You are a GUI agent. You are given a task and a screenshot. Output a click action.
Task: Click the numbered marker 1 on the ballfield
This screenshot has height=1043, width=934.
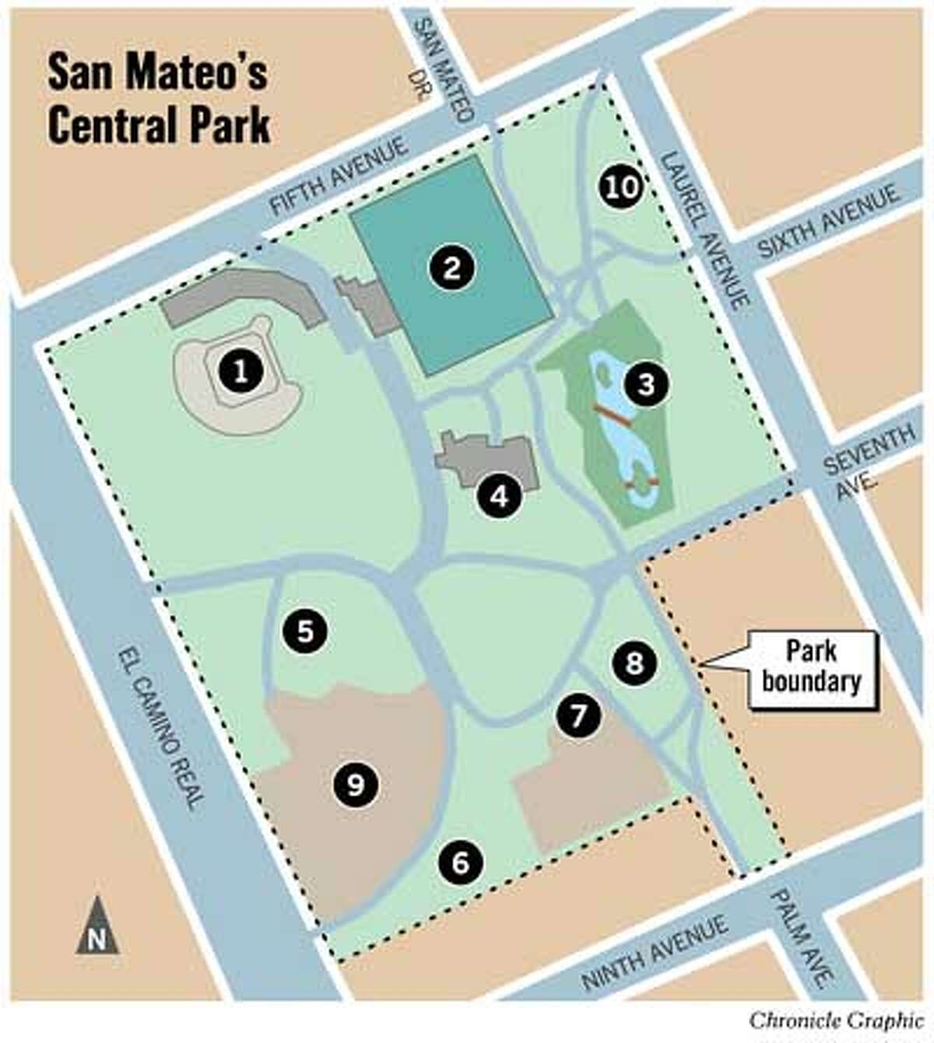pyautogui.click(x=241, y=371)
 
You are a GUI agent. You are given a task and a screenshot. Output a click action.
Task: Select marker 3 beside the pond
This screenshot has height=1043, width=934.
pyautogui.click(x=645, y=384)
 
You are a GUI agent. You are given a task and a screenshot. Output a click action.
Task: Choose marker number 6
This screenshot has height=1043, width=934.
pyautogui.click(x=460, y=862)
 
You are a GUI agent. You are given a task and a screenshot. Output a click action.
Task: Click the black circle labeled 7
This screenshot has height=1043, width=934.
pyautogui.click(x=578, y=716)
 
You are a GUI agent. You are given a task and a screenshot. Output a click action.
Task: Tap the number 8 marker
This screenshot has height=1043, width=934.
pyautogui.click(x=635, y=663)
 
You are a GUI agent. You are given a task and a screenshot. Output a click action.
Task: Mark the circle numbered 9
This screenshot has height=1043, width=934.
pyautogui.click(x=355, y=785)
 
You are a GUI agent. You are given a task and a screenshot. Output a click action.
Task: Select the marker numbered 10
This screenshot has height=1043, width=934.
pyautogui.click(x=620, y=187)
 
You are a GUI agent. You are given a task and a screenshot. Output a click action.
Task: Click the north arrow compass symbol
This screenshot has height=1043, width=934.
pyautogui.click(x=97, y=926)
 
